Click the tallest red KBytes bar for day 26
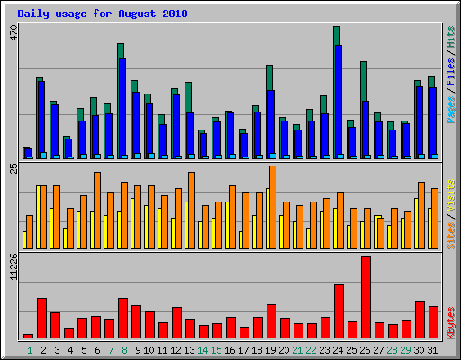click(366, 297)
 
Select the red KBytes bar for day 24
click(339, 311)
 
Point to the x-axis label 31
click(433, 349)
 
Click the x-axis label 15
click(217, 349)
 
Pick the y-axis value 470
click(13, 34)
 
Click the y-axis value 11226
click(13, 267)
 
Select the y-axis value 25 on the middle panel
click(13, 169)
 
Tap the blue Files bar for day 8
click(122, 108)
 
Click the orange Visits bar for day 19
click(273, 207)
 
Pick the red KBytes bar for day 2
click(41, 318)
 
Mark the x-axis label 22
click(312, 349)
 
